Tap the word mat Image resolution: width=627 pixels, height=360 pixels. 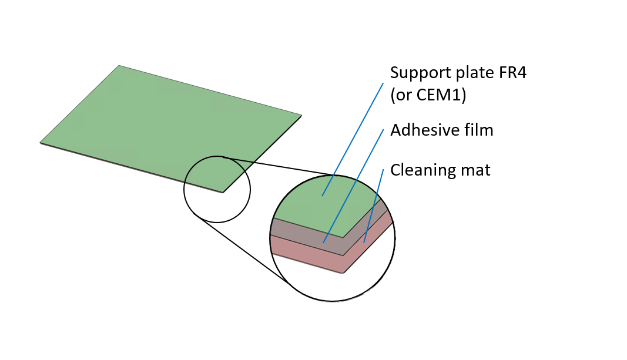475,171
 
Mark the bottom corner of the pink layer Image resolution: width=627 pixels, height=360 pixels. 343,272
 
